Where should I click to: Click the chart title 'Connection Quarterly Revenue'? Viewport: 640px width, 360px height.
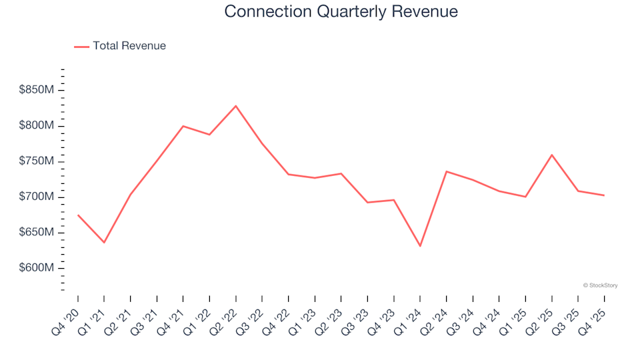tap(341, 11)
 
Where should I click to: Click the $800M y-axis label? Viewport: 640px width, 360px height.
tap(36, 126)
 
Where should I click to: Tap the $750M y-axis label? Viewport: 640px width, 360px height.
tap(36, 161)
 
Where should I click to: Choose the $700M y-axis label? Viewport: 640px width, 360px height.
tap(36, 197)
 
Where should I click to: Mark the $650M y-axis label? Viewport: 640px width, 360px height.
tap(36, 232)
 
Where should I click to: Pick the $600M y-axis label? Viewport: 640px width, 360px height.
tap(36, 268)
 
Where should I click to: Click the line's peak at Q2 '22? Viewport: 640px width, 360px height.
tap(236, 106)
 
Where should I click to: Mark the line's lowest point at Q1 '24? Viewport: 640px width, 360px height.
tap(420, 246)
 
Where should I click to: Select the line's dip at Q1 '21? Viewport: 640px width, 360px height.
tap(104, 242)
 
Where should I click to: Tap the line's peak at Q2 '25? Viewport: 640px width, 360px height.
tap(552, 155)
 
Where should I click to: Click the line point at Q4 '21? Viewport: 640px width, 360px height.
tap(183, 126)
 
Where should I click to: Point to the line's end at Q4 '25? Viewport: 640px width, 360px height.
tap(604, 195)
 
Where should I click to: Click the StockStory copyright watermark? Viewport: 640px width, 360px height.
tap(600, 285)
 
